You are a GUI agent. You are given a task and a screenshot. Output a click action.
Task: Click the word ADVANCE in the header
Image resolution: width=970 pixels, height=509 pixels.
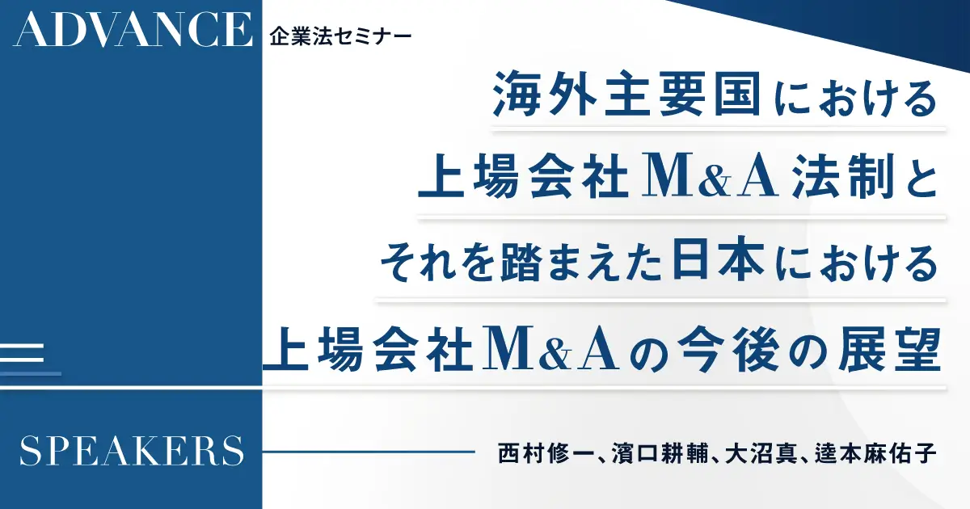coord(133,29)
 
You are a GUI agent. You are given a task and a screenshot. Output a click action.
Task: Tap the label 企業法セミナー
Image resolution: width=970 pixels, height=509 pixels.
coord(340,37)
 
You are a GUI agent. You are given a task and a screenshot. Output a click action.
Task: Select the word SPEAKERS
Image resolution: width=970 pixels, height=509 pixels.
coord(132,451)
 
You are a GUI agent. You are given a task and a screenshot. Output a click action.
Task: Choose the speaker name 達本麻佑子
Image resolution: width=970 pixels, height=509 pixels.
coord(876,452)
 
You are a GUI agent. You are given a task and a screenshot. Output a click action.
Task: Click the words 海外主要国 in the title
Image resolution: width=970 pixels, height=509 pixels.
coord(626,94)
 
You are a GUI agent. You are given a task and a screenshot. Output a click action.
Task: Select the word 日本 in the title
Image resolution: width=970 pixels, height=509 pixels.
coord(718,259)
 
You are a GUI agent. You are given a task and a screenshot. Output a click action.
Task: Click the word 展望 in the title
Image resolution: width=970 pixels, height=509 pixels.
coord(889,350)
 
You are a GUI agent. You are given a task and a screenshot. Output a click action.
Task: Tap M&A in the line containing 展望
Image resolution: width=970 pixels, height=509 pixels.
coord(550,350)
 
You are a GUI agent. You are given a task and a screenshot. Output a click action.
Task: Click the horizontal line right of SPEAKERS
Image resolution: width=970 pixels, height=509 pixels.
coord(369,452)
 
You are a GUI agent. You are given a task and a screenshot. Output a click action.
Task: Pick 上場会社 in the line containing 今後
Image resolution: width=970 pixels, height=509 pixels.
coord(367,350)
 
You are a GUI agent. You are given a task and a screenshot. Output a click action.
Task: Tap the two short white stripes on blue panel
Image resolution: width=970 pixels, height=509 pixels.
coord(22,353)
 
